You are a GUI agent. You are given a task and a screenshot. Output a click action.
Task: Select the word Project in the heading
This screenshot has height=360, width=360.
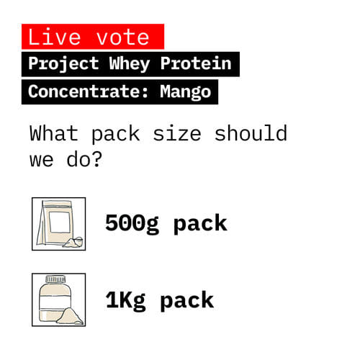[x=63, y=63]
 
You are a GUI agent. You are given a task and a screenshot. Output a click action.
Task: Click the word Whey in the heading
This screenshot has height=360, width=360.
[x=130, y=63]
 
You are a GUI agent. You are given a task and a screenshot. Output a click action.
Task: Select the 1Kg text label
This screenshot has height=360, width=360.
[x=125, y=299]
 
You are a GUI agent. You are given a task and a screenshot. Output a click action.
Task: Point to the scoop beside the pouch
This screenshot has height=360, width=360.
[x=73, y=242]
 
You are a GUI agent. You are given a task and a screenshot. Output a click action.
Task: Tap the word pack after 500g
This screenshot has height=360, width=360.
[x=199, y=223]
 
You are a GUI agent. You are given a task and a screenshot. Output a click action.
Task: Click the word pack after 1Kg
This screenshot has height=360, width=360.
[x=186, y=299]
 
